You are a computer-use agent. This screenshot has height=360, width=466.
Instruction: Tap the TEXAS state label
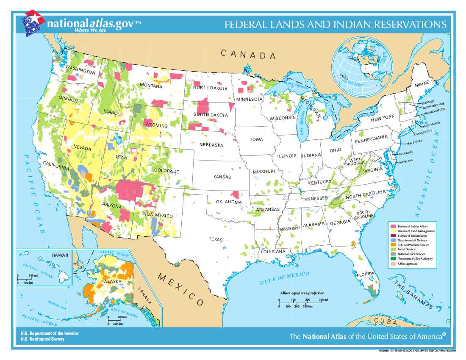pyautogui.click(x=215, y=240)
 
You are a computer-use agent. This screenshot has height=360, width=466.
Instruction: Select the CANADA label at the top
pyautogui.click(x=248, y=55)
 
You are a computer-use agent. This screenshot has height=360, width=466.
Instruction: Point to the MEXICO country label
pyautogui.click(x=180, y=289)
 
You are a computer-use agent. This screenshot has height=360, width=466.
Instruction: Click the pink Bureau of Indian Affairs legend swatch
pyautogui.click(x=394, y=227)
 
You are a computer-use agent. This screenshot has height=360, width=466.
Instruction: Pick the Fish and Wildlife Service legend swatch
pyautogui.click(x=394, y=245)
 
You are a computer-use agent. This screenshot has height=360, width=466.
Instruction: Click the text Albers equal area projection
pyautogui.click(x=302, y=293)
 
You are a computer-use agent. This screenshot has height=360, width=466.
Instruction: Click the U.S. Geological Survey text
pyautogui.click(x=43, y=339)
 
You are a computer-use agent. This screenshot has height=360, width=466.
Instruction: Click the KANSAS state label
pyautogui.click(x=222, y=177)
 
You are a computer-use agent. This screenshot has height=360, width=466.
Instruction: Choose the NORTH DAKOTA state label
pyautogui.click(x=211, y=88)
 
